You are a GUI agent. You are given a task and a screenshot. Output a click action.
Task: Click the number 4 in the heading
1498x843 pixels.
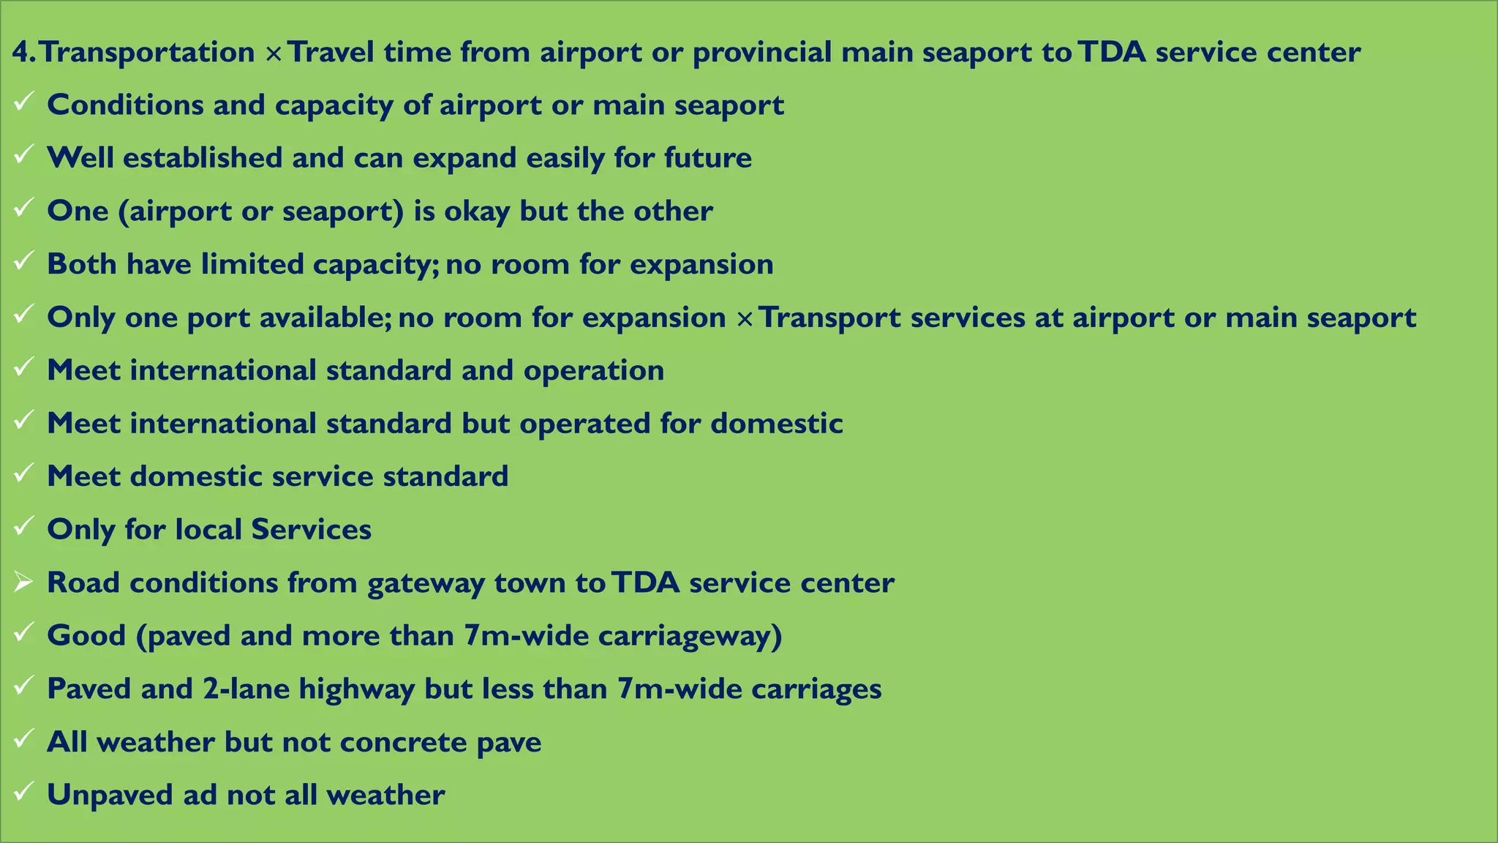pyautogui.click(x=20, y=53)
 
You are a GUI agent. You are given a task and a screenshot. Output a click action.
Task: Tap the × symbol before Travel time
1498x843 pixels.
pyautogui.click(x=274, y=54)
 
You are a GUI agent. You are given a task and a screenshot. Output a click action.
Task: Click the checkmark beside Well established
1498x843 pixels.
pyautogui.click(x=23, y=154)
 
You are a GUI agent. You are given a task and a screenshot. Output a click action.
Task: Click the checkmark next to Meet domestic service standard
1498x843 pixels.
pyautogui.click(x=23, y=473)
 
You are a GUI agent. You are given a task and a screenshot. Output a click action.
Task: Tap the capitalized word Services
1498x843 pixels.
pyautogui.click(x=311, y=530)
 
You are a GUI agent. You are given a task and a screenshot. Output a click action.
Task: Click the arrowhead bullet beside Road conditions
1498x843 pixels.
pyautogui.click(x=23, y=582)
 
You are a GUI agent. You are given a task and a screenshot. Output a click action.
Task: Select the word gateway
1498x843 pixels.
pyautogui.click(x=426, y=583)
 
